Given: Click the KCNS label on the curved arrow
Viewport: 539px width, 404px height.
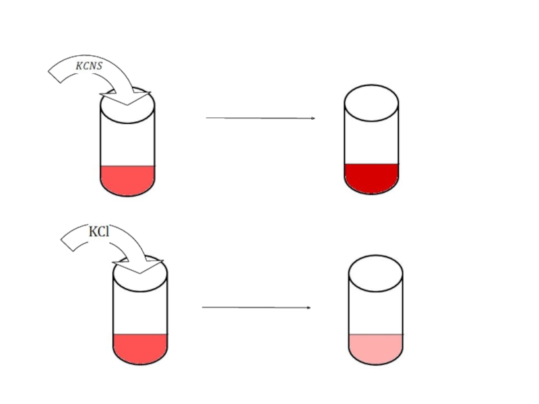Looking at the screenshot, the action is (x=89, y=66).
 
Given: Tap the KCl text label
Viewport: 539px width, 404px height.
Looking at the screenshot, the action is (x=99, y=232).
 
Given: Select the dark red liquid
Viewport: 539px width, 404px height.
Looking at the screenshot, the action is (x=371, y=178).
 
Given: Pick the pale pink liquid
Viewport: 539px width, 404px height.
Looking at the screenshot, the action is (x=375, y=347).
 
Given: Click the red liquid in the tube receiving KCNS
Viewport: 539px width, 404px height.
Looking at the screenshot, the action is (x=127, y=180).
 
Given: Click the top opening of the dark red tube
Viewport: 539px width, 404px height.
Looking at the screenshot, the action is (x=371, y=103).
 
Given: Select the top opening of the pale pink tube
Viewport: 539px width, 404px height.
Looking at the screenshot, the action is (x=375, y=273).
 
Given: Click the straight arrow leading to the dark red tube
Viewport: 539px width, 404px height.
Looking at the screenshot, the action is (x=260, y=118).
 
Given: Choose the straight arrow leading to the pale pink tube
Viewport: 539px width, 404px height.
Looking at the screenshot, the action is (x=256, y=308).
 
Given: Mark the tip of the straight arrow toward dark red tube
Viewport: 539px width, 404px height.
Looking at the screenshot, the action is (x=314, y=119).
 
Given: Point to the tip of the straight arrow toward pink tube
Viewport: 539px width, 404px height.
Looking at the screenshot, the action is (x=310, y=308).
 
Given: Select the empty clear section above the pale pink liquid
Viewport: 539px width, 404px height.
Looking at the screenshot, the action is (x=375, y=312).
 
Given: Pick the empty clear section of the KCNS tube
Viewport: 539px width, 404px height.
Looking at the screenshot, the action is (x=127, y=144).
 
